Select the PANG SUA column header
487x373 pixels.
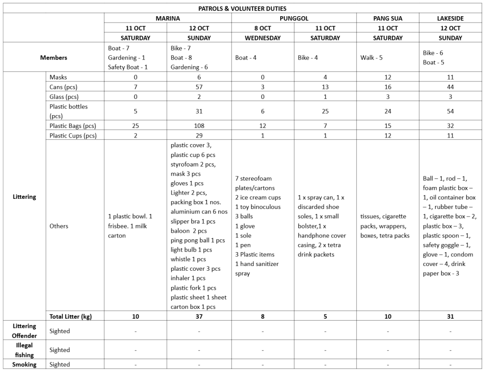click(x=388, y=19)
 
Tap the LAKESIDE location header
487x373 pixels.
click(x=450, y=19)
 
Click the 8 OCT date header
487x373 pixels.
click(x=263, y=28)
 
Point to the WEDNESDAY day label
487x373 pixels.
click(x=263, y=38)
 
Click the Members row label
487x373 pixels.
click(x=54, y=58)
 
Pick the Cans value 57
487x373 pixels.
click(x=199, y=87)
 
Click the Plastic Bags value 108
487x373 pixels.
click(x=199, y=126)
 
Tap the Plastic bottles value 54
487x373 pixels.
click(x=450, y=111)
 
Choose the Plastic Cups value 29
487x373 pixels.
click(x=199, y=136)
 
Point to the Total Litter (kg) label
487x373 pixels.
click(x=70, y=316)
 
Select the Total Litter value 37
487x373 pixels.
click(x=199, y=316)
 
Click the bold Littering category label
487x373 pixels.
click(x=24, y=197)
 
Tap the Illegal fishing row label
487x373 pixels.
click(x=24, y=350)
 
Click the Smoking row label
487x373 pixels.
click(x=24, y=364)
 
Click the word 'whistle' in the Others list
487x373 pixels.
click(x=181, y=259)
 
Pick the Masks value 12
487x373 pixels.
click(x=388, y=77)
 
